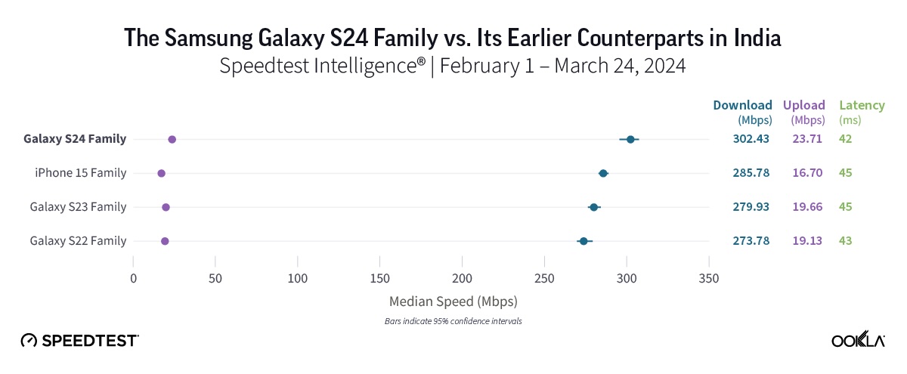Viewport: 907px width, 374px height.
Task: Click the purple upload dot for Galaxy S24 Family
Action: coord(172,140)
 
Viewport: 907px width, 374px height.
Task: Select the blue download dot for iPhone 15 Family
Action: coord(603,174)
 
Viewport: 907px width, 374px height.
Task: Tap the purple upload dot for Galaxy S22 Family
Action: coord(165,241)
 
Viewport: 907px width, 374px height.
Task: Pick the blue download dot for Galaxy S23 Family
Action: coord(593,207)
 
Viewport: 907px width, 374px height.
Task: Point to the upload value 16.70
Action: coord(807,173)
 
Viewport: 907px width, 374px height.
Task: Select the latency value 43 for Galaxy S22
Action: coord(845,240)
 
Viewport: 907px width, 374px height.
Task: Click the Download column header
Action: coord(742,106)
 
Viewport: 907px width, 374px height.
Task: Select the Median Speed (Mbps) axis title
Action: coord(453,301)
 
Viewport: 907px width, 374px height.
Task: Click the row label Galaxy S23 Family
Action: coord(78,207)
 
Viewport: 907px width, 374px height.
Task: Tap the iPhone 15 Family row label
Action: coord(80,173)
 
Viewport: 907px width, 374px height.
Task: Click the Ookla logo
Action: coord(858,340)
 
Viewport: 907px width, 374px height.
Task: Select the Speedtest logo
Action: coord(79,340)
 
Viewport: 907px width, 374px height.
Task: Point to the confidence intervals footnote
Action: coord(453,321)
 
